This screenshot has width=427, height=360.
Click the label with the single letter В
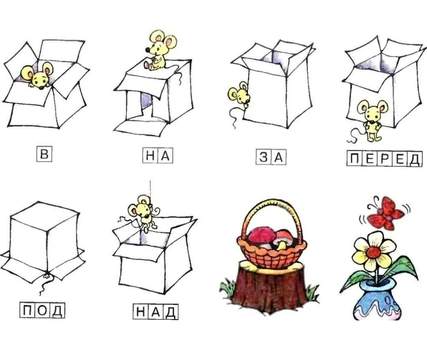tap(44, 154)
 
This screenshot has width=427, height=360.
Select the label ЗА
tap(271, 157)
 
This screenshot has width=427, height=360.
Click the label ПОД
tap(42, 311)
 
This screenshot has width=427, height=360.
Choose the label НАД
tap(155, 312)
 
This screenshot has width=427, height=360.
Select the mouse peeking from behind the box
tap(239, 95)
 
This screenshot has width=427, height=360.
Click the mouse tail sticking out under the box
tap(44, 285)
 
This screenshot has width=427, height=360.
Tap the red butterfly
tap(385, 213)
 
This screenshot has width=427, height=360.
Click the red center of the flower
tap(373, 253)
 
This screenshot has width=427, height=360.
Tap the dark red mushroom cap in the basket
tap(261, 235)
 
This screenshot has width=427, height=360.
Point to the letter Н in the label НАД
tap(140, 312)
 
